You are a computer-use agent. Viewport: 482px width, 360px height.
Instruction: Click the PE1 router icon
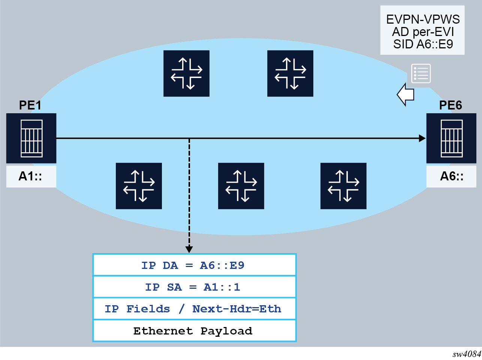(x=31, y=138)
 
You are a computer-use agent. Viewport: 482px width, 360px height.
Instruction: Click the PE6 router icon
(x=451, y=138)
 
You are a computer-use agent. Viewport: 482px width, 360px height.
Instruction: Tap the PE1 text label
(x=30, y=105)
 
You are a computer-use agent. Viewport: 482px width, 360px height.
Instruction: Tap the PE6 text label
(x=451, y=105)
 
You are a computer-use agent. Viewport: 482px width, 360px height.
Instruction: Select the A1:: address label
(x=31, y=176)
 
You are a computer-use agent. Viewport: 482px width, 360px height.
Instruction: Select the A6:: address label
(x=452, y=176)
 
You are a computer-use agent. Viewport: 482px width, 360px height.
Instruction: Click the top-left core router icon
(x=186, y=73)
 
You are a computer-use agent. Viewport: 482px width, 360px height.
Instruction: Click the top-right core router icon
(x=290, y=73)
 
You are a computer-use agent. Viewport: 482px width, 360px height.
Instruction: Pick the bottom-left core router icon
(x=139, y=186)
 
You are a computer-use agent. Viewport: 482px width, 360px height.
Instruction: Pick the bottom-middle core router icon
(x=241, y=186)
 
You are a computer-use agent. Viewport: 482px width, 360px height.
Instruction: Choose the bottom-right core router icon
(x=343, y=186)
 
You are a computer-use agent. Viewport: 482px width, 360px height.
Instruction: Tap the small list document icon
(x=421, y=73)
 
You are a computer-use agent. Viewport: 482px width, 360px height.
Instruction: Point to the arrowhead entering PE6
(x=422, y=138)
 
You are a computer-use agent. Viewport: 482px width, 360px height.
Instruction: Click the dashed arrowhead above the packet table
(x=189, y=249)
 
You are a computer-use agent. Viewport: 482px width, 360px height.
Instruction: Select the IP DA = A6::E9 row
(x=195, y=265)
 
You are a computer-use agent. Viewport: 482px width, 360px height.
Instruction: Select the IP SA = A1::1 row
(x=195, y=287)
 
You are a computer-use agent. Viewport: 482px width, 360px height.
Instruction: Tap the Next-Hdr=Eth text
(x=237, y=309)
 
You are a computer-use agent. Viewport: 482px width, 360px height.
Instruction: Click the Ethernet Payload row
(x=195, y=331)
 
